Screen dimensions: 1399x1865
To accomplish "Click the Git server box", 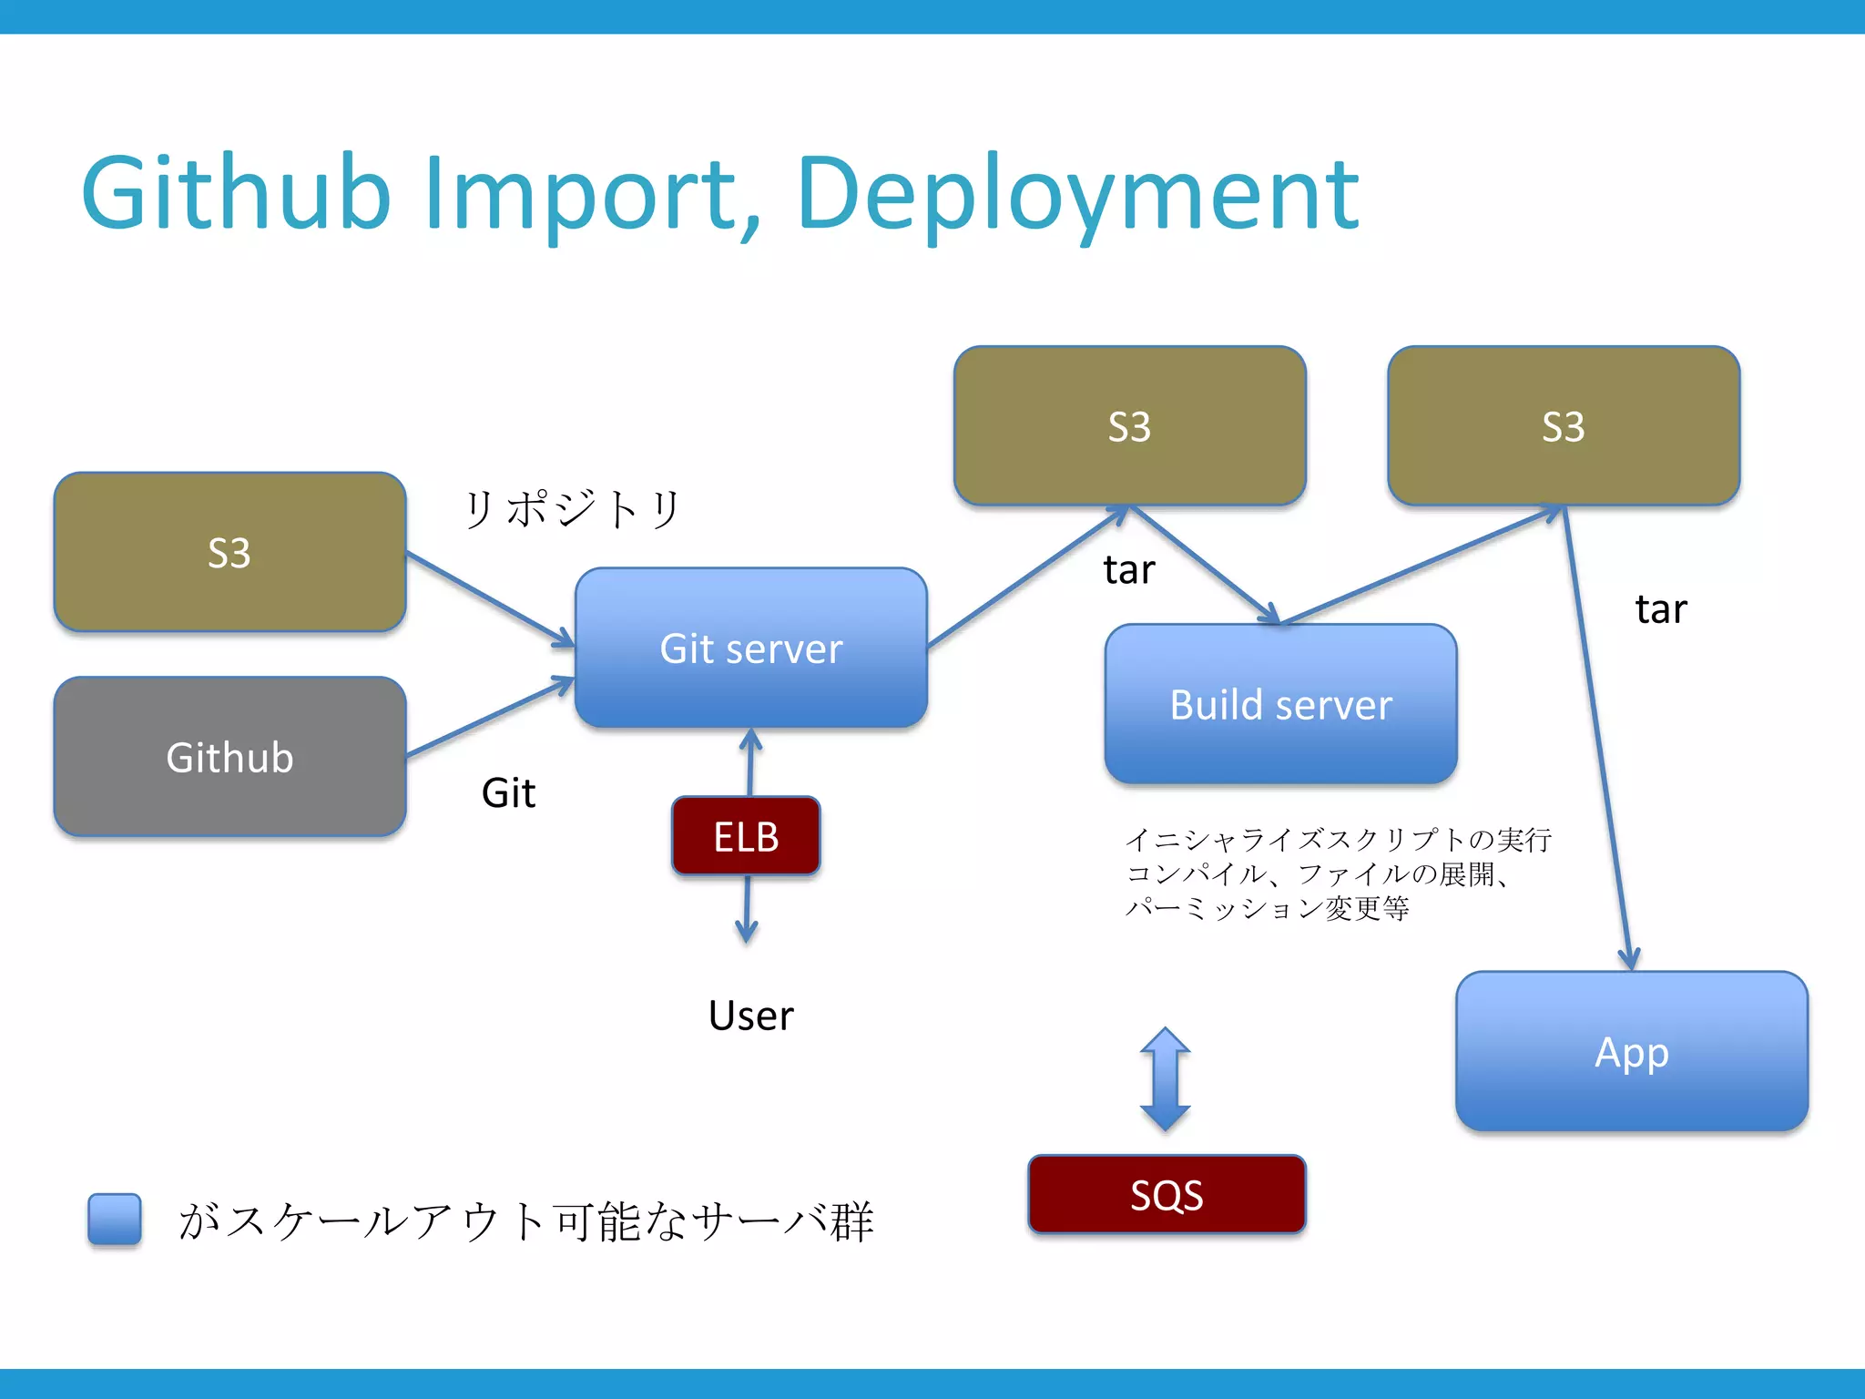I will click(750, 648).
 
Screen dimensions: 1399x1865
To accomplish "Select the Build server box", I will click(1280, 704).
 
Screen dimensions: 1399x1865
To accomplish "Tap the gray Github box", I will click(229, 757).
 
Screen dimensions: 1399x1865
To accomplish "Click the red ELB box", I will click(746, 836).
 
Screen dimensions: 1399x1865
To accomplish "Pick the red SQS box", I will click(1167, 1194).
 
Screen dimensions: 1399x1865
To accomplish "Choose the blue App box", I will click(1631, 1052).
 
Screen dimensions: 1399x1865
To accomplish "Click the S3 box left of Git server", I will click(229, 552).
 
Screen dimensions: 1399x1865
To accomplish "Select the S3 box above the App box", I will click(1563, 425).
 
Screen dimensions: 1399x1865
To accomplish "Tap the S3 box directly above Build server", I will click(1129, 425).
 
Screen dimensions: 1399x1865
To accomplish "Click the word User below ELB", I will click(750, 1015).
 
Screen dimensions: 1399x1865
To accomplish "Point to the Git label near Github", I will click(508, 792).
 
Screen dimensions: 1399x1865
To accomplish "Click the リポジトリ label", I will click(572, 508).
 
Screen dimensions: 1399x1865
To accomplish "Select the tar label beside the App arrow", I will click(1660, 608).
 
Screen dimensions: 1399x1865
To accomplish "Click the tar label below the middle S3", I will click(1128, 569).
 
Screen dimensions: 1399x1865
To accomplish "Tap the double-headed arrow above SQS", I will click(1165, 1079).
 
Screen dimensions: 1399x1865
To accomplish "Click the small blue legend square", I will click(115, 1219).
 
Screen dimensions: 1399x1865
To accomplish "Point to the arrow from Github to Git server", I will click(490, 718).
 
